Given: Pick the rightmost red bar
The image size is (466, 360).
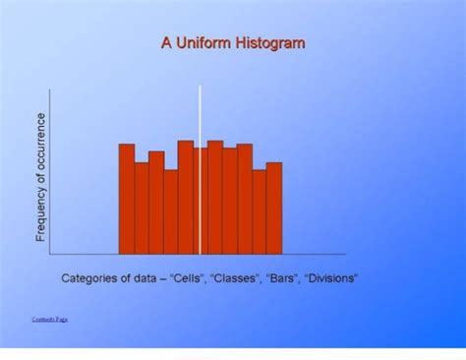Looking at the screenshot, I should tap(274, 208).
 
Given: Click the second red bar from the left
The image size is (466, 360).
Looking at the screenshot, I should tap(142, 208).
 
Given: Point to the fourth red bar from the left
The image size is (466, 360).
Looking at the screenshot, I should tap(171, 211).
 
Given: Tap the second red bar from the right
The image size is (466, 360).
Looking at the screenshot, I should tap(260, 211).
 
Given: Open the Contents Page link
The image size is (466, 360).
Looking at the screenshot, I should tap(49, 320).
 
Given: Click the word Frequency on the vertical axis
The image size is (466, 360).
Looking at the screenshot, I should tap(41, 212).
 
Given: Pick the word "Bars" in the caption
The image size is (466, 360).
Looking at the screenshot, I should tap(283, 278).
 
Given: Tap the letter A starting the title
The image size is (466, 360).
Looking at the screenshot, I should tap(165, 43).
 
